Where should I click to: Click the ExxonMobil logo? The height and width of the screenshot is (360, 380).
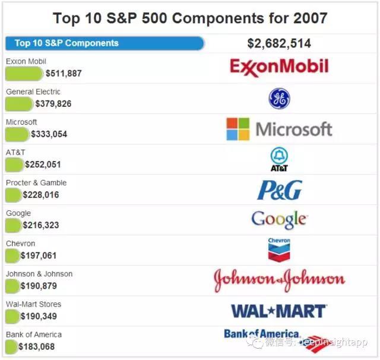279,67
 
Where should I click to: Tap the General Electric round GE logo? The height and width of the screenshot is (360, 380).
279,99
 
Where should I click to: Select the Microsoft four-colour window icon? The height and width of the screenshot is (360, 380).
237,129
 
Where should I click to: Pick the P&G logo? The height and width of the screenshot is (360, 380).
279,190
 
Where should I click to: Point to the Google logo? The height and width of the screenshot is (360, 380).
279,219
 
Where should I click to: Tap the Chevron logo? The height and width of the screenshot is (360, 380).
279,250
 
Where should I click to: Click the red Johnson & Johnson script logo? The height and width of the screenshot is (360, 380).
279,280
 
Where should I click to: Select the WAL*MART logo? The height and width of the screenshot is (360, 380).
278,311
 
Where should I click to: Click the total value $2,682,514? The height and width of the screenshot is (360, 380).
279,43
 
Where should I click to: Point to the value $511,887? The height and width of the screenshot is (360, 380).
64,74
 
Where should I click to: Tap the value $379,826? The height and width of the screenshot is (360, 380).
53,104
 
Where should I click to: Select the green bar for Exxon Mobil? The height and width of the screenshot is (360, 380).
24,74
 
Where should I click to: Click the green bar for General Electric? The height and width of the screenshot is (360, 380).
19,104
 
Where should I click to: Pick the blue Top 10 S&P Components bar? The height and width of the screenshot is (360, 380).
104,43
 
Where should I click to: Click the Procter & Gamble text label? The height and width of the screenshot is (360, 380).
36,182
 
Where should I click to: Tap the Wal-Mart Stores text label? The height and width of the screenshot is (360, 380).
33,304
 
